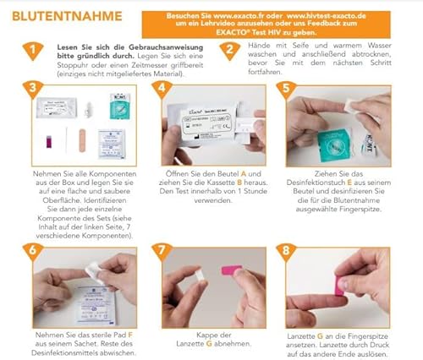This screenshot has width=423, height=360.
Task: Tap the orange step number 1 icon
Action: pyautogui.click(x=32, y=52)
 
